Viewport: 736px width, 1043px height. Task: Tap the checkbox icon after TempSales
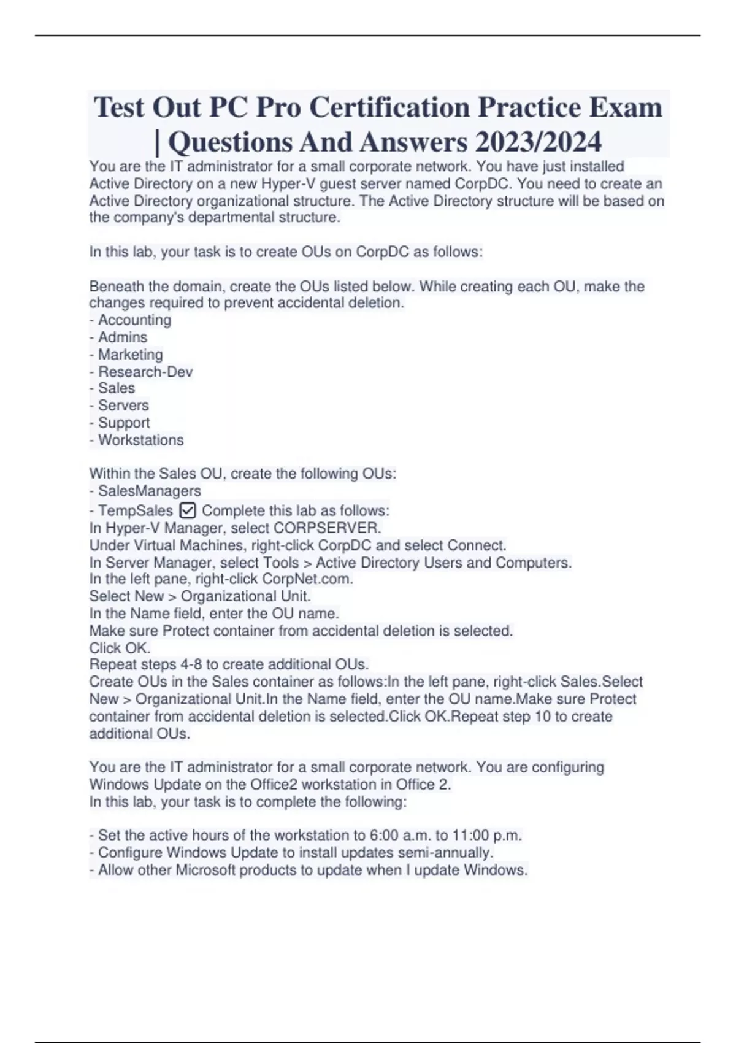[x=188, y=510]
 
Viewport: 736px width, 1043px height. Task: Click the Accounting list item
[x=134, y=320]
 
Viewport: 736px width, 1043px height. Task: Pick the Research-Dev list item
[x=145, y=372]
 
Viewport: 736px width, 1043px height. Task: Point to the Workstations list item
[x=140, y=440]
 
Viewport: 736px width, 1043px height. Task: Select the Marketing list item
[x=130, y=355]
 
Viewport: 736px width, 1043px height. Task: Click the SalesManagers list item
[x=149, y=491]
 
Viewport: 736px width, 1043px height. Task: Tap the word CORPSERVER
[x=327, y=528]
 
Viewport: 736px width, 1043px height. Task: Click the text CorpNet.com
[x=307, y=579]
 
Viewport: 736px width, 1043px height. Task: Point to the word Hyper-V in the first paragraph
[x=288, y=183]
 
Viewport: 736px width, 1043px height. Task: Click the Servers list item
[x=123, y=406]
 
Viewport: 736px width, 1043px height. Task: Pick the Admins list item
[x=123, y=337]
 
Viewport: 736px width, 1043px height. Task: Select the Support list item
[x=124, y=423]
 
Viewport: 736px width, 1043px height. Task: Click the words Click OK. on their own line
[x=120, y=648]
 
